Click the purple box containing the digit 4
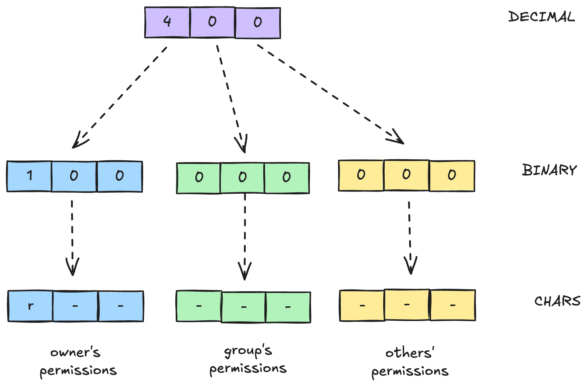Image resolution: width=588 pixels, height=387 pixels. pyautogui.click(x=167, y=22)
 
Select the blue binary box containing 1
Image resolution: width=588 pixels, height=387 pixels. pyautogui.click(x=29, y=176)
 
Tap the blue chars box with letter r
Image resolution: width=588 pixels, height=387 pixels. pyautogui.click(x=31, y=306)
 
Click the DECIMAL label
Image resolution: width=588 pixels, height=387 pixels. pyautogui.click(x=541, y=17)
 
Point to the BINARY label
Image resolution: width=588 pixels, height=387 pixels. pyautogui.click(x=549, y=170)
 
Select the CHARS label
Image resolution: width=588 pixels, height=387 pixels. pyautogui.click(x=557, y=301)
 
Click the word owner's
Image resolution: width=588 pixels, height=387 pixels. pyautogui.click(x=75, y=352)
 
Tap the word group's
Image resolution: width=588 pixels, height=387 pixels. pyautogui.click(x=248, y=351)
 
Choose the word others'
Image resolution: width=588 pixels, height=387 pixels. pyautogui.click(x=410, y=353)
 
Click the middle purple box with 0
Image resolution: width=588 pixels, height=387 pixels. pyautogui.click(x=212, y=22)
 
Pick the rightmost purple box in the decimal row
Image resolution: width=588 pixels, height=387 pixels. pyautogui.click(x=258, y=23)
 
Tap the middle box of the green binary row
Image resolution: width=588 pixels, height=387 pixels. pyautogui.click(x=242, y=178)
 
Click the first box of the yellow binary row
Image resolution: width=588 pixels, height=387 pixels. pyautogui.click(x=361, y=175)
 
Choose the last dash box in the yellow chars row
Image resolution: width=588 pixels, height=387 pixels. pyautogui.click(x=453, y=305)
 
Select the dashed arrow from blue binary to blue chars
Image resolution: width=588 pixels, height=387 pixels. pyautogui.click(x=72, y=233)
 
